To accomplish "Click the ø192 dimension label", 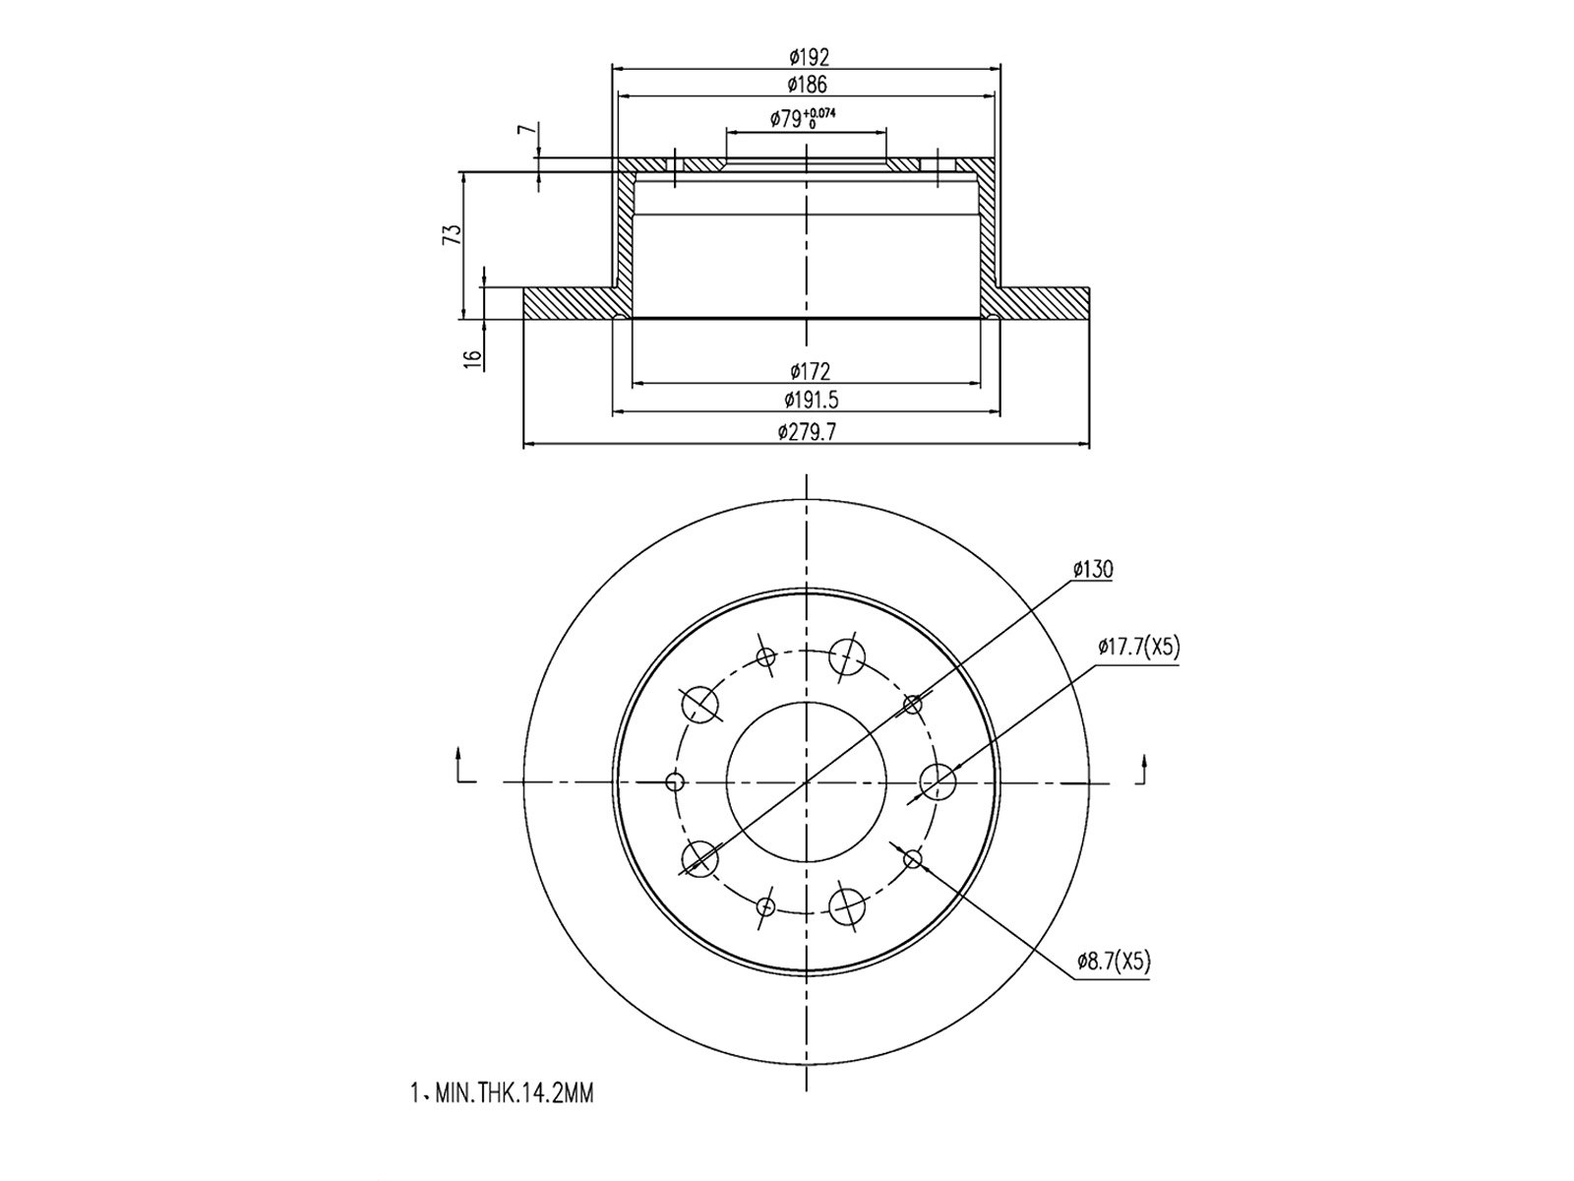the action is [807, 58].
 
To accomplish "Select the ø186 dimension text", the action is [807, 86].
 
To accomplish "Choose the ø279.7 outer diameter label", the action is [807, 432].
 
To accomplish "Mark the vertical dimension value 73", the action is [452, 234].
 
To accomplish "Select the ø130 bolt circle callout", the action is [1092, 569].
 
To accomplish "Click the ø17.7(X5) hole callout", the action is [1138, 647].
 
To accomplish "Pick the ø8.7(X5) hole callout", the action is [1112, 962].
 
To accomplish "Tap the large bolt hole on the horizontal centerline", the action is [938, 781].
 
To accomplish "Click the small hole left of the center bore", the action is [675, 781].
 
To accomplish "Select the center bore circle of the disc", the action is [807, 781].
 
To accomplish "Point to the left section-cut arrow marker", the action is [462, 768].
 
